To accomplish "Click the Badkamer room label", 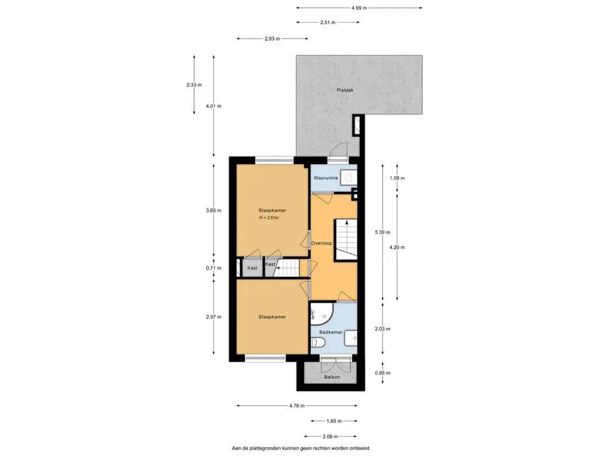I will click(330, 332).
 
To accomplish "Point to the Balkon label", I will click(332, 377).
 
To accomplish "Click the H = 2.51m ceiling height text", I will click(269, 218).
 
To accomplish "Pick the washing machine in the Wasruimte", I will click(350, 177).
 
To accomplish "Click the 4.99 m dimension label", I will click(359, 8).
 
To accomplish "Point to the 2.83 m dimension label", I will click(272, 39).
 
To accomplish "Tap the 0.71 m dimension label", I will click(213, 268).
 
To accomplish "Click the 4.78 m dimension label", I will click(297, 406).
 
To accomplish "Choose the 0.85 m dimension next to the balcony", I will click(382, 373).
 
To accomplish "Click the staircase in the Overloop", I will click(345, 239).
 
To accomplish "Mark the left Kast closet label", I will click(253, 268).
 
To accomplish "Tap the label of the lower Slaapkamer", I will click(272, 317).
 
